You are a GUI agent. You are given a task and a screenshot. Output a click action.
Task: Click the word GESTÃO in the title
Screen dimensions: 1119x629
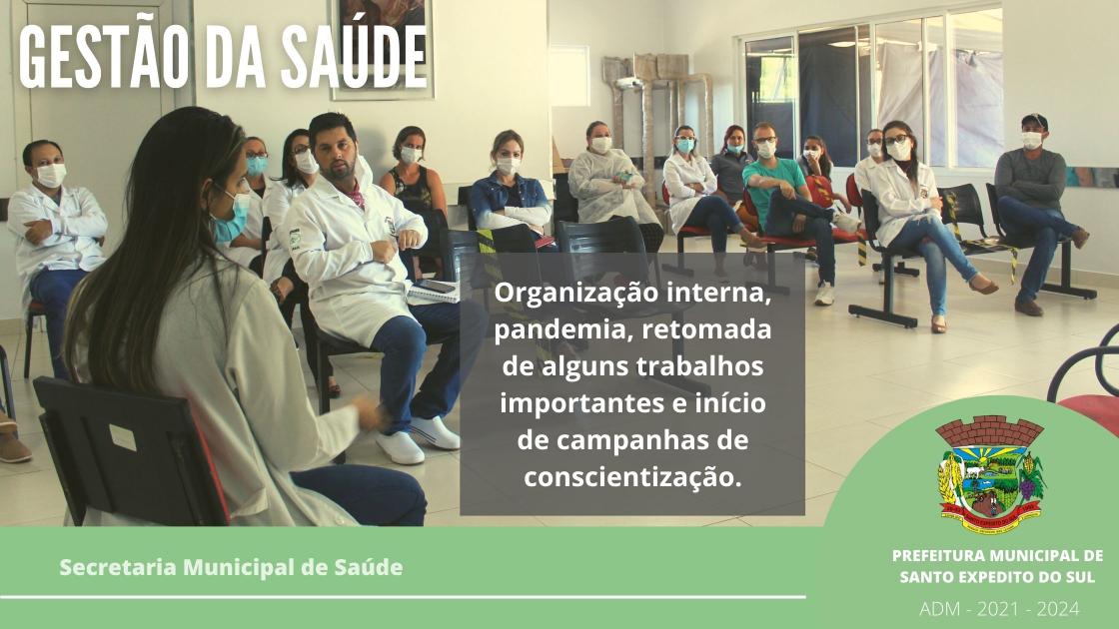pyautogui.click(x=102, y=56)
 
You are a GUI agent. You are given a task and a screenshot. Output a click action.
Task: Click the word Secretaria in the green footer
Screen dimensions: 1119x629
pyautogui.click(x=118, y=567)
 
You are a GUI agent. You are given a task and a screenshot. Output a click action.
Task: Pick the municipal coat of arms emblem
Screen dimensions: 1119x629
pyautogui.click(x=990, y=473)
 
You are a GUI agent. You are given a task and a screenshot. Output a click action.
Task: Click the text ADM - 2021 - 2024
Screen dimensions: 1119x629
pyautogui.click(x=999, y=608)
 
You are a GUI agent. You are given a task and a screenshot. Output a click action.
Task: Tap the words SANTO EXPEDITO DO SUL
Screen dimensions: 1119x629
pyautogui.click(x=997, y=576)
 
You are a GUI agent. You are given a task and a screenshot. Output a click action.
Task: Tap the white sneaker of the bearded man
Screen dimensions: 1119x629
pyautogui.click(x=400, y=447)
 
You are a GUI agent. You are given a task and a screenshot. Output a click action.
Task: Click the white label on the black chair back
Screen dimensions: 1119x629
pyautogui.click(x=123, y=438)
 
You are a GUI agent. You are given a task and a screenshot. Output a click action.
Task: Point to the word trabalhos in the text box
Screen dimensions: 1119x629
pyautogui.click(x=699, y=365)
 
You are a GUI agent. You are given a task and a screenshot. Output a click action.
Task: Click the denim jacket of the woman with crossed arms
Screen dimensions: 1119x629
pyautogui.click(x=509, y=201)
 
